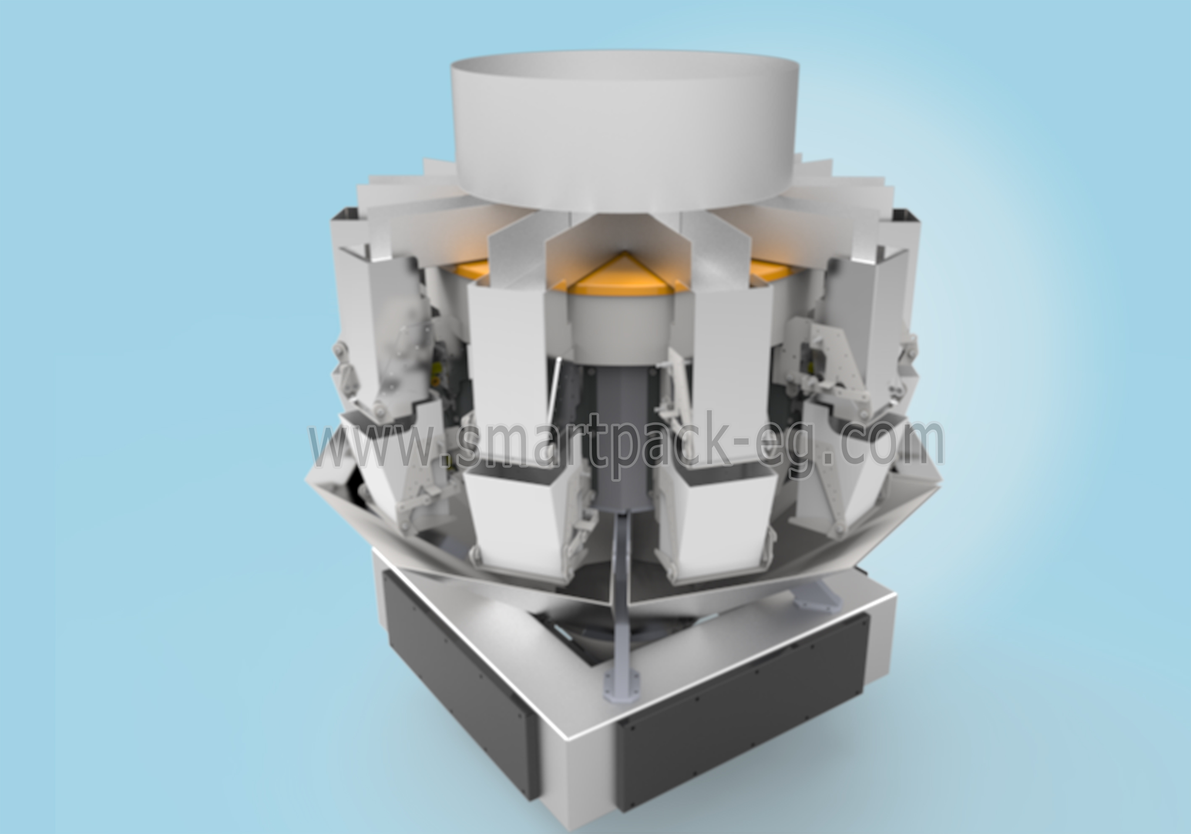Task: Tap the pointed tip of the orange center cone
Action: [626, 252]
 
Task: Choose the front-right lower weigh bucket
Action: [718, 516]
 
